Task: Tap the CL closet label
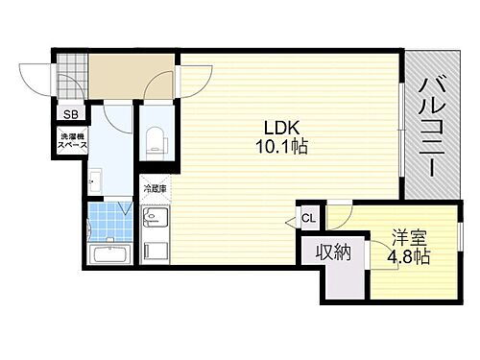click(309, 218)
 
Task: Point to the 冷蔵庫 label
click(156, 189)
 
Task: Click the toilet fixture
click(154, 138)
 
